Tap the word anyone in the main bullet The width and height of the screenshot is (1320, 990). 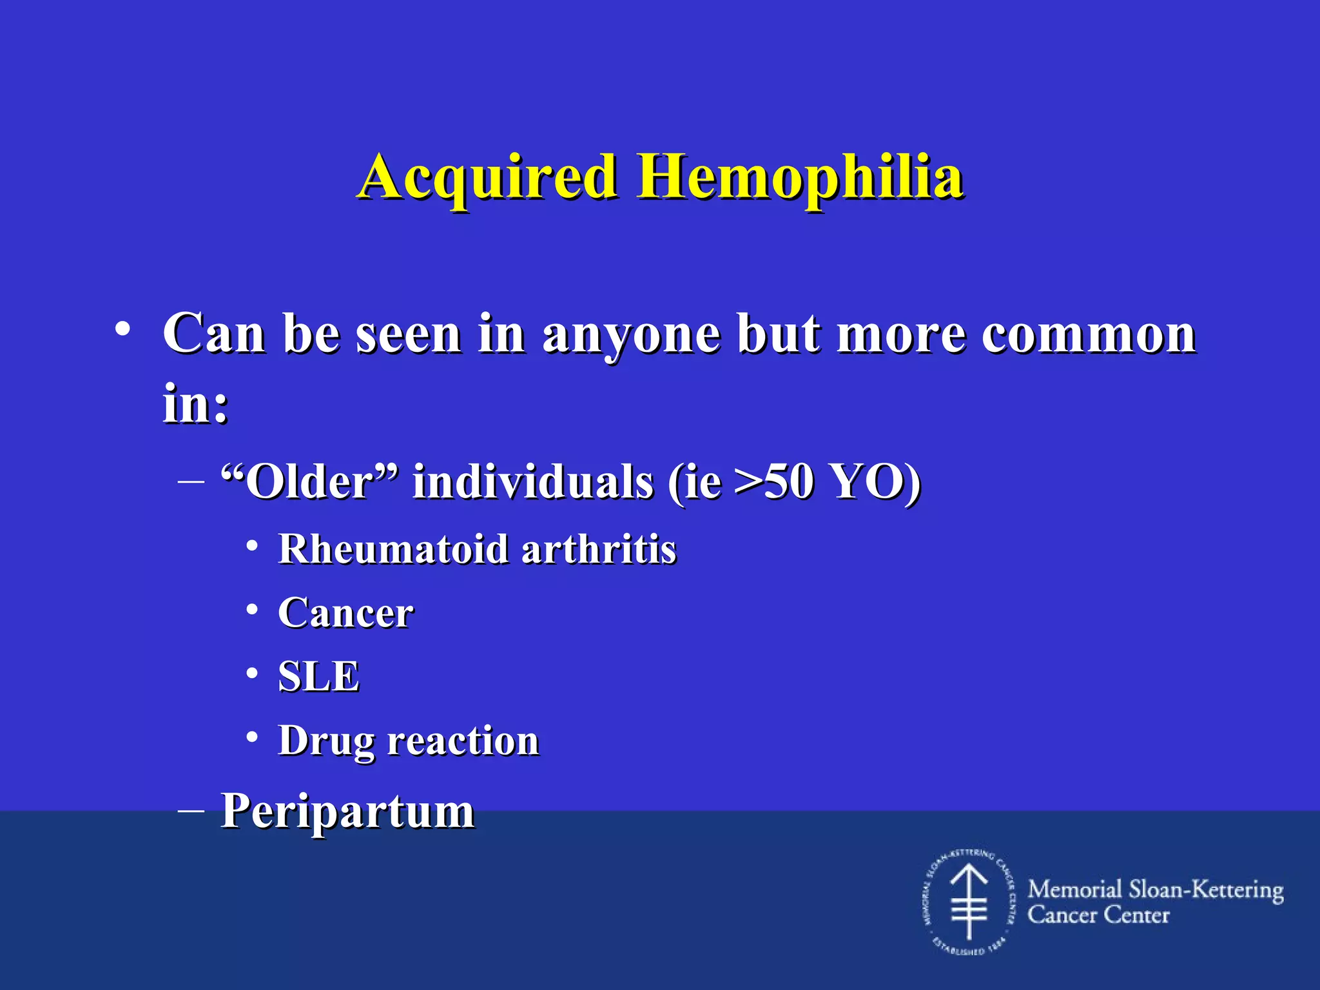631,335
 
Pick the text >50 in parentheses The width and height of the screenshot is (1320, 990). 773,481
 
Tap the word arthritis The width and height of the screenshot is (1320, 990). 599,549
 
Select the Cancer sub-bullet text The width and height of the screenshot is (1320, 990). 345,613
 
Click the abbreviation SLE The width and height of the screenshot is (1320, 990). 318,677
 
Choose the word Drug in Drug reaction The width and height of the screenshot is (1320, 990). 326,741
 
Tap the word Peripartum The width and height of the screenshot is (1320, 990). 348,811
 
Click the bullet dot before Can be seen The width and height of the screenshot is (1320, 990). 122,331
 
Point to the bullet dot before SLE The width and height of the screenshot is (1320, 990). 253,674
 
